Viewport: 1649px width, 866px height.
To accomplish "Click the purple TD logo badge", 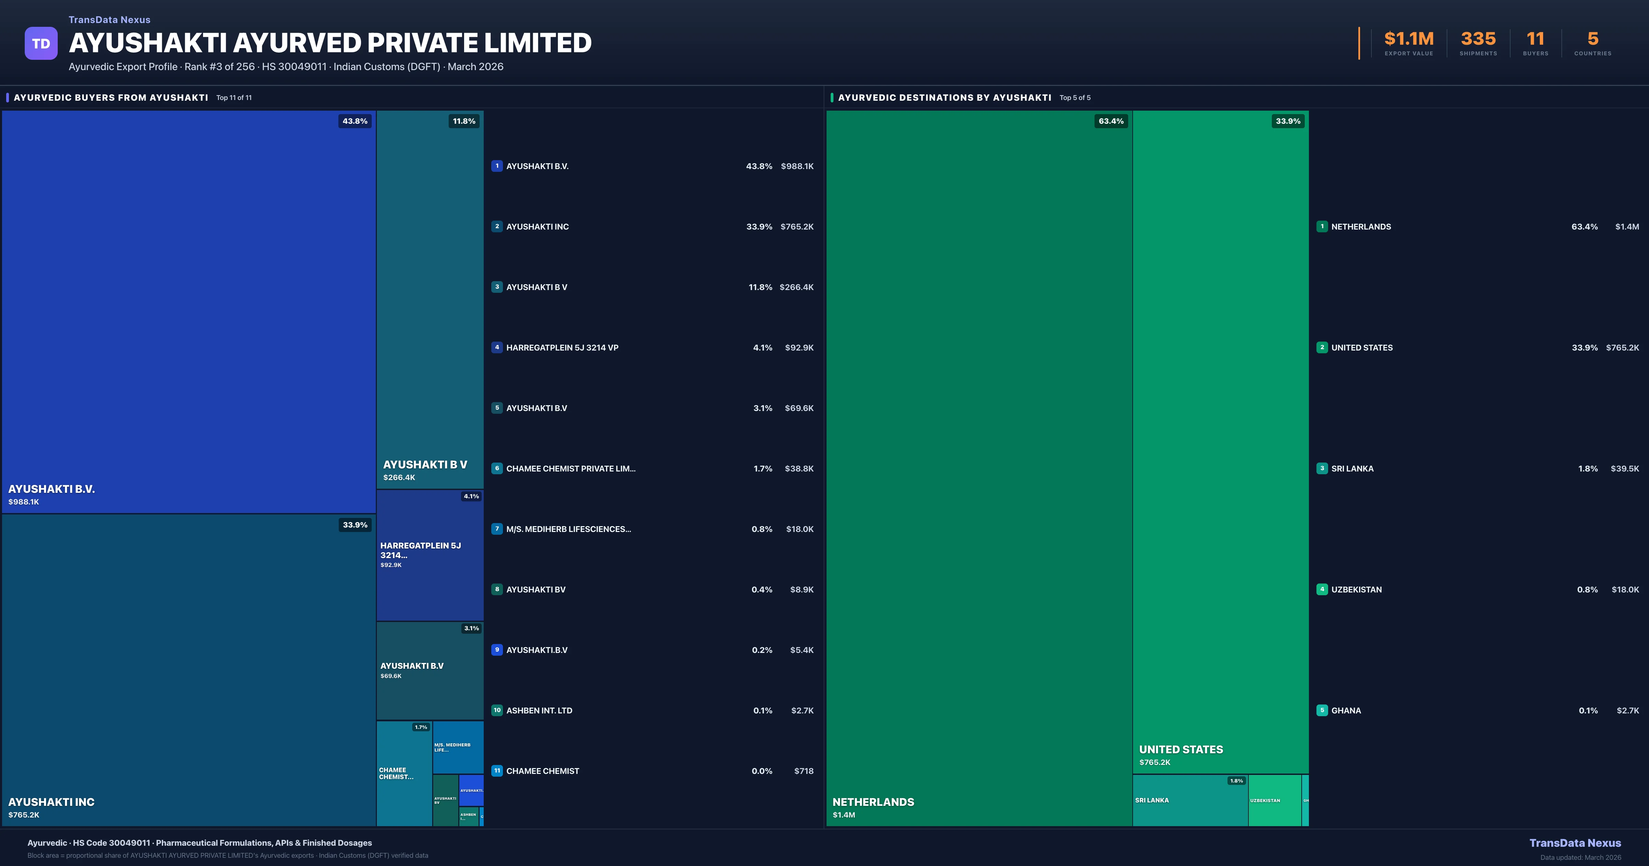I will click(x=41, y=44).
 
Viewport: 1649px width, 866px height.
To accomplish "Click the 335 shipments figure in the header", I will click(x=1478, y=39).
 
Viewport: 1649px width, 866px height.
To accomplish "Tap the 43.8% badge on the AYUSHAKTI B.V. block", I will click(x=355, y=121).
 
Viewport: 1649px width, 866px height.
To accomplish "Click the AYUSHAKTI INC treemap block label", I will click(x=51, y=802).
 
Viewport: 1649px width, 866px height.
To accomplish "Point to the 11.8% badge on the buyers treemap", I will click(x=463, y=121).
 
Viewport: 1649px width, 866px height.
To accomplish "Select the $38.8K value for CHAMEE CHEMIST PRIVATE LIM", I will click(x=799, y=469).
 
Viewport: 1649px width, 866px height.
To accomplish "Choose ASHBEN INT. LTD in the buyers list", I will click(x=539, y=710).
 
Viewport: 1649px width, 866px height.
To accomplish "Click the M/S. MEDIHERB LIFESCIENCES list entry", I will click(x=568, y=529).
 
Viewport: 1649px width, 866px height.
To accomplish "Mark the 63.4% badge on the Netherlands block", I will click(x=1111, y=121).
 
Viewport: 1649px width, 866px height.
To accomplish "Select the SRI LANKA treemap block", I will click(x=1189, y=801).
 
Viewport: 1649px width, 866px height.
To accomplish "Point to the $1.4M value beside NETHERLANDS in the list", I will click(x=1627, y=227).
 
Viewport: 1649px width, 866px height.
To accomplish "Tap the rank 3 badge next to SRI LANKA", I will click(x=1322, y=469).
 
